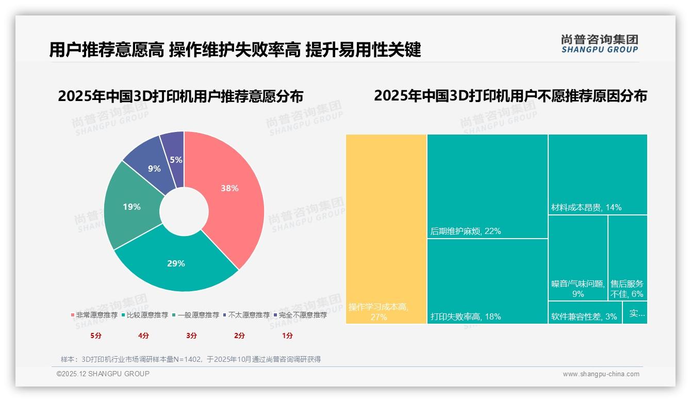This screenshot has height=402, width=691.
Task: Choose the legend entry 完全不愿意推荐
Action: point(302,315)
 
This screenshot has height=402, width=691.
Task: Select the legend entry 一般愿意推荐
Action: point(198,315)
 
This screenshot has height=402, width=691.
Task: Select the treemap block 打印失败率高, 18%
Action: point(487,281)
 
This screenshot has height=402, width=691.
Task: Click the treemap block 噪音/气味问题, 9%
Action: point(578,258)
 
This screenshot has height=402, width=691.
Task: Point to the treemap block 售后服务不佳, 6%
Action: point(628,258)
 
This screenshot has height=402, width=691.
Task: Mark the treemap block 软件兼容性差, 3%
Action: point(585,313)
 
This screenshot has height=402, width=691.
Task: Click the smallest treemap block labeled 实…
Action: point(635,313)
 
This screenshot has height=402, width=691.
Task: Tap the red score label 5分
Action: point(96,336)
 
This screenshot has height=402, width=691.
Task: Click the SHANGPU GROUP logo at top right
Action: point(600,44)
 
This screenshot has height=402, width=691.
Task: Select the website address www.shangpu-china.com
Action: point(601,374)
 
